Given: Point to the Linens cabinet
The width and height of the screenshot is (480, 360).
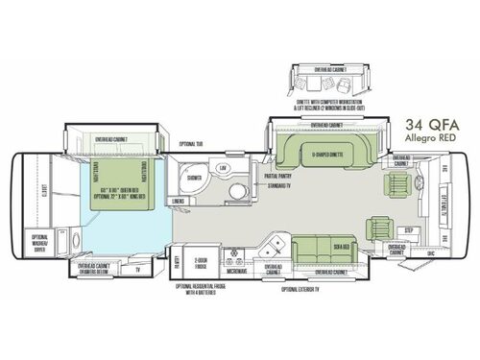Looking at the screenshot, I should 178,200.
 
